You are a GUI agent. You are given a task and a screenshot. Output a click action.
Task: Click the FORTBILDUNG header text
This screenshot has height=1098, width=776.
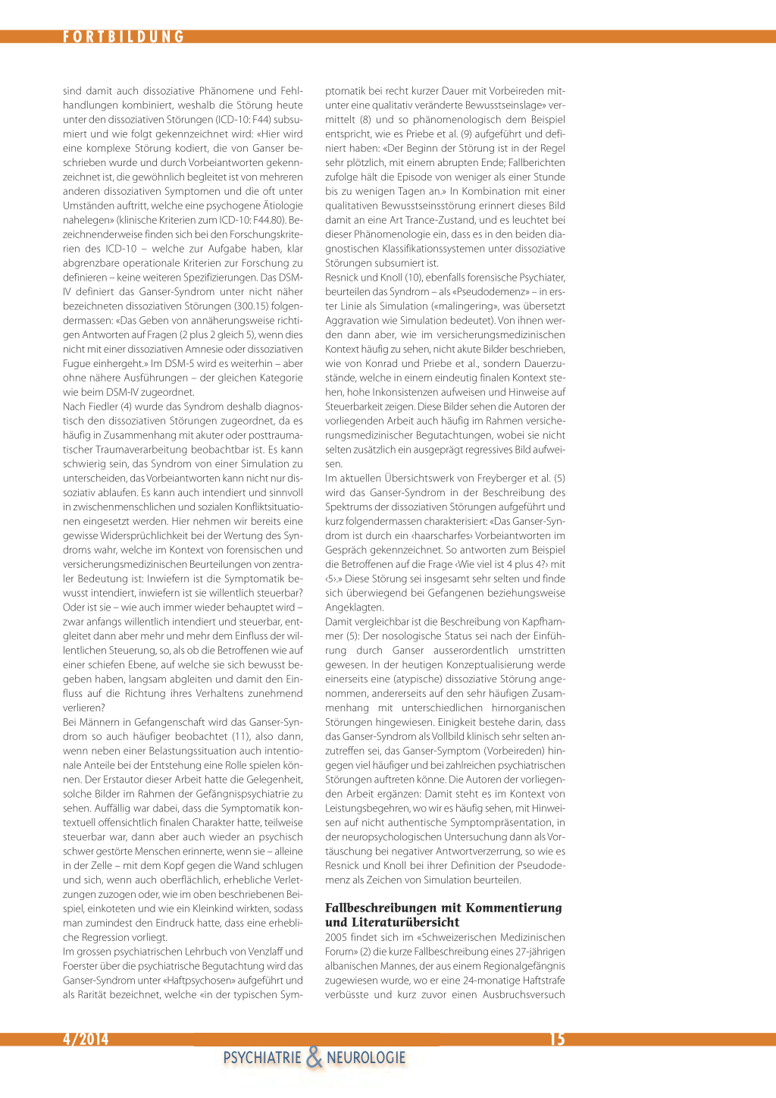[124, 36]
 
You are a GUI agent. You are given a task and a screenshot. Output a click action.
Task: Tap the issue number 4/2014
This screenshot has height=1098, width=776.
[86, 1039]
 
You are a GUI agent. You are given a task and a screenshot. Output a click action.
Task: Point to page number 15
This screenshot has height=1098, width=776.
[557, 1039]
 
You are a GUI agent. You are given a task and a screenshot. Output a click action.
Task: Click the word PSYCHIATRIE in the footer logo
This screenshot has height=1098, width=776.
[262, 1058]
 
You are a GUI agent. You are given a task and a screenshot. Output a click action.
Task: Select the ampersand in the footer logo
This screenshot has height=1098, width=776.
[314, 1057]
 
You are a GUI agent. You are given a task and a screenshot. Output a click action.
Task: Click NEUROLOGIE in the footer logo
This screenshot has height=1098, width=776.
[366, 1058]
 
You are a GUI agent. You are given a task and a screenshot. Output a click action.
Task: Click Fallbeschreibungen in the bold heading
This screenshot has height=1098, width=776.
[381, 908]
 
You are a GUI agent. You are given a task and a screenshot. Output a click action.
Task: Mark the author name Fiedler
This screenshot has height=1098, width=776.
[102, 406]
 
